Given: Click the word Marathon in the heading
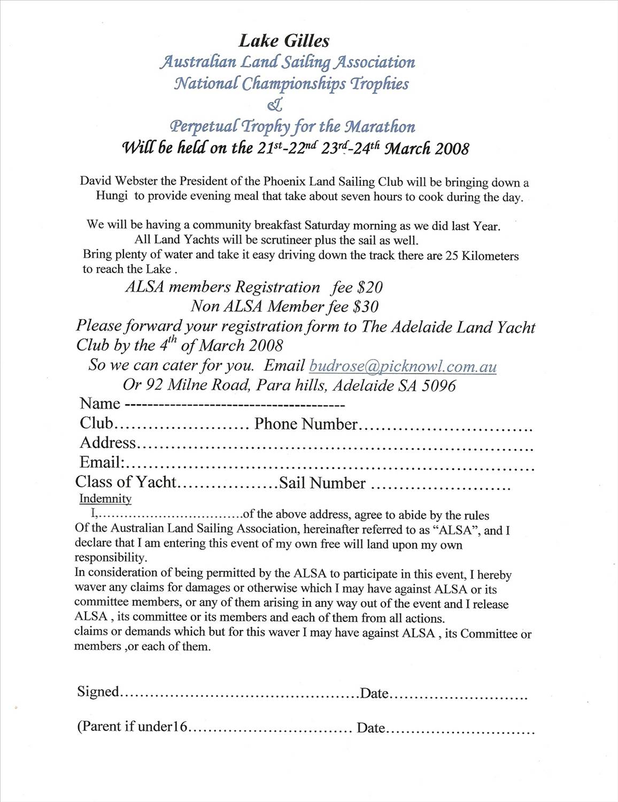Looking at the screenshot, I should (x=382, y=127).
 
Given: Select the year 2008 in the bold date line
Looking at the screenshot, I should (x=452, y=148).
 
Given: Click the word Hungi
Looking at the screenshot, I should (x=112, y=196).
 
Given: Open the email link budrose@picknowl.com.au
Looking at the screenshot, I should (x=403, y=367).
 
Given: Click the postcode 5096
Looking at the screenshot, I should (x=438, y=386).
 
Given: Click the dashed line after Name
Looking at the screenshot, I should (x=235, y=404).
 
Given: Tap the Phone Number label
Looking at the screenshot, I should (x=306, y=424).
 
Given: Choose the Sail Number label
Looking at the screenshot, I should (x=322, y=483).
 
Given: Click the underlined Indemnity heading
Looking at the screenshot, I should (x=105, y=499).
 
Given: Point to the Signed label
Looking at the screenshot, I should (x=98, y=692).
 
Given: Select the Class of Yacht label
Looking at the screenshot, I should (x=125, y=482).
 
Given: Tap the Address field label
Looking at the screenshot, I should (x=108, y=443).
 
